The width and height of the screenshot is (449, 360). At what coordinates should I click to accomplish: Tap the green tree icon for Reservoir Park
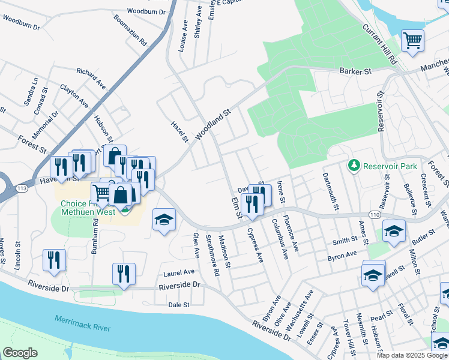[x=355, y=165]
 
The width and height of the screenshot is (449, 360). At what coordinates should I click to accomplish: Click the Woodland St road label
[x=211, y=124]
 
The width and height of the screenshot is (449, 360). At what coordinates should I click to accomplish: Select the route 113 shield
[x=22, y=188]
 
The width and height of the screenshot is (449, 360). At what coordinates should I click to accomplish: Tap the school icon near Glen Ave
[x=164, y=220]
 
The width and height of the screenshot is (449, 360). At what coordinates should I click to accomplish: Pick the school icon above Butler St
[x=394, y=231]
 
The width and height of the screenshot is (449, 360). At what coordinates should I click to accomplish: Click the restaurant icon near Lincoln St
[x=54, y=260]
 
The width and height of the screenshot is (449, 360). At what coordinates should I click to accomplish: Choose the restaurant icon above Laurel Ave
[x=124, y=274]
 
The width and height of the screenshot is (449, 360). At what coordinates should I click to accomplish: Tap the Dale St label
[x=179, y=305]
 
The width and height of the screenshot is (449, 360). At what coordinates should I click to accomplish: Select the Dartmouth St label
[x=328, y=185]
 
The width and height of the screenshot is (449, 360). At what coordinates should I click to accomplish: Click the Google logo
[x=20, y=353]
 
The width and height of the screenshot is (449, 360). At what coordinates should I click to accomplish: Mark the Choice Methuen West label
[x=90, y=208]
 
